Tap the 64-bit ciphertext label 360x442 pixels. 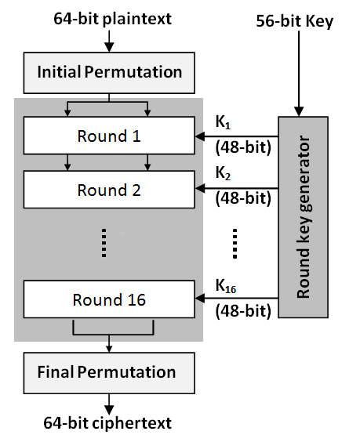pyautogui.click(x=108, y=424)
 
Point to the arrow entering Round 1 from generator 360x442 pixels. pyautogui.click(x=235, y=135)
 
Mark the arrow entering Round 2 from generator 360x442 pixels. pyautogui.click(x=235, y=189)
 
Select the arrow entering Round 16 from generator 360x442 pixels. pyautogui.click(x=235, y=299)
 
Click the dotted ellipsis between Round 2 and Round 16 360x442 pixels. pyautogui.click(x=104, y=243)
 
